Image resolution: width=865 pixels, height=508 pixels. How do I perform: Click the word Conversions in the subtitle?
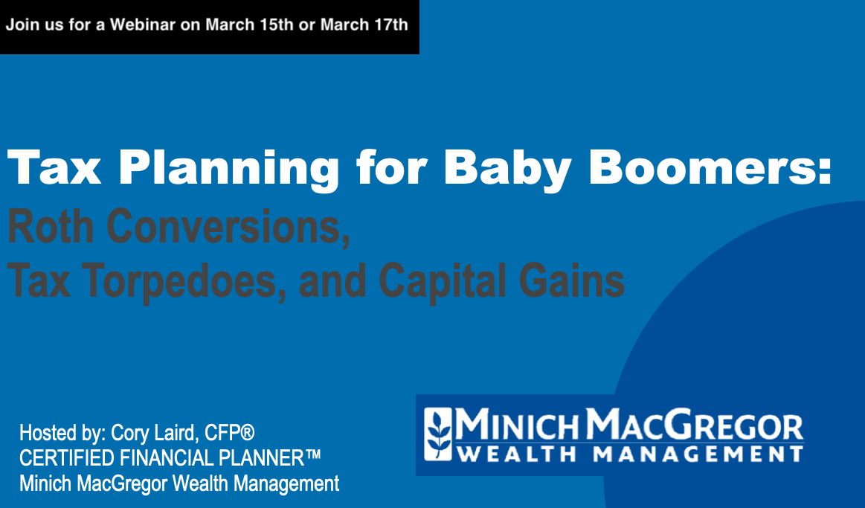coord(228,227)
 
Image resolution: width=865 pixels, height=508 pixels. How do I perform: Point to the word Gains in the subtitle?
coord(571,280)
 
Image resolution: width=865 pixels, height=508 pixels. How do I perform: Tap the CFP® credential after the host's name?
coord(230,433)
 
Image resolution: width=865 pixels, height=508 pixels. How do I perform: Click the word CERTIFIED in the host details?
coord(67,458)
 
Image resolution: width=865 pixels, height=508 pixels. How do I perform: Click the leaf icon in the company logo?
coord(439,434)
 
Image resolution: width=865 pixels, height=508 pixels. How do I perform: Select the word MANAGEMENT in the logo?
coord(698,454)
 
